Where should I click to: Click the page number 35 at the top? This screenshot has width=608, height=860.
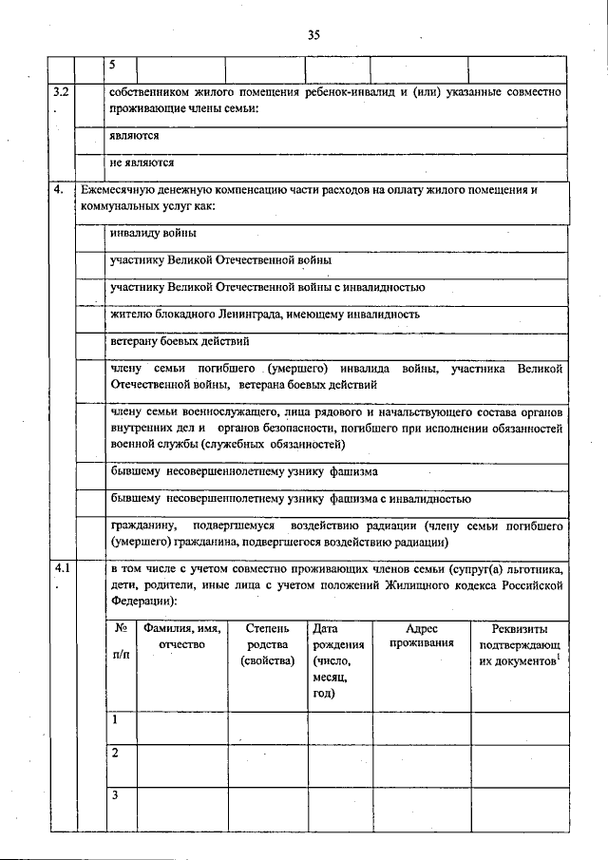pyautogui.click(x=313, y=35)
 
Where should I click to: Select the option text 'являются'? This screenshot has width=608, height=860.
pyautogui.click(x=134, y=137)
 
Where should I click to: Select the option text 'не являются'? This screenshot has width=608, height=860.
pyautogui.click(x=142, y=162)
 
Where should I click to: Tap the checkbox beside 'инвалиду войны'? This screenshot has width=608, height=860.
pyautogui.click(x=89, y=235)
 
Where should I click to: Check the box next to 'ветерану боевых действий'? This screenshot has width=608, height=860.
pyautogui.click(x=89, y=341)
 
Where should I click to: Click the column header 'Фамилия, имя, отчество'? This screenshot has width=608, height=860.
pyautogui.click(x=181, y=636)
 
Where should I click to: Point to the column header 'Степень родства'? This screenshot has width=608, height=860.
pyautogui.click(x=267, y=643)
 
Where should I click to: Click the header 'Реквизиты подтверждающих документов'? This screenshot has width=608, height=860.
pyautogui.click(x=518, y=643)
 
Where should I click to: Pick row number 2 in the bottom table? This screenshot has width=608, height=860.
pyautogui.click(x=115, y=753)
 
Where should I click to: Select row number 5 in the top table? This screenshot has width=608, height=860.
pyautogui.click(x=113, y=64)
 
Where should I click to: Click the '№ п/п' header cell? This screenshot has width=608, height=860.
pyautogui.click(x=121, y=642)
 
